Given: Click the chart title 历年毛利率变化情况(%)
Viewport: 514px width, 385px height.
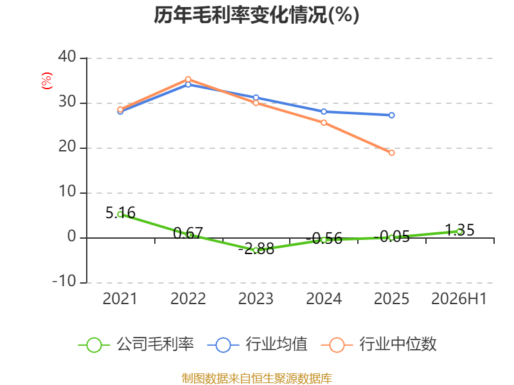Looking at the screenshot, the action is pyautogui.click(x=256, y=15).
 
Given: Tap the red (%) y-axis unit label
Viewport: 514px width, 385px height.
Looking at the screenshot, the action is pyautogui.click(x=47, y=81).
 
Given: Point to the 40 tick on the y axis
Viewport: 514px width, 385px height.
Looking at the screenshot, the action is pyautogui.click(x=67, y=56).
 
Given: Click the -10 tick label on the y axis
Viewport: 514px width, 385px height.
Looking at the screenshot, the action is pyautogui.click(x=64, y=281).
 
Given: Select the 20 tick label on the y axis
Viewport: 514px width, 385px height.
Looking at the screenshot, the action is pyautogui.click(x=67, y=147).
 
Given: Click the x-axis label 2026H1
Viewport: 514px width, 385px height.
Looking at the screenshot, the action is pyautogui.click(x=459, y=298).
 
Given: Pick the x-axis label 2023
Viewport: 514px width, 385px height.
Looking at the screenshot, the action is pyautogui.click(x=256, y=298).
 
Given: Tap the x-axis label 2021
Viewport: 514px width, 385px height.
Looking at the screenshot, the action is pyautogui.click(x=120, y=298).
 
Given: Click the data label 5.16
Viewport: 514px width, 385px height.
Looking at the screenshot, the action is pyautogui.click(x=120, y=213).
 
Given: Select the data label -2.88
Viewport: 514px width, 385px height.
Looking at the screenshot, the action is pyautogui.click(x=256, y=249).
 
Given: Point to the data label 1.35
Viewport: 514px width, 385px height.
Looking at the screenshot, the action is pyautogui.click(x=459, y=230).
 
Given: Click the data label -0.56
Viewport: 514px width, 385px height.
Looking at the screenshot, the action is pyautogui.click(x=324, y=238).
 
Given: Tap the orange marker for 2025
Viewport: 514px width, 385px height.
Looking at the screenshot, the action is pyautogui.click(x=391, y=153).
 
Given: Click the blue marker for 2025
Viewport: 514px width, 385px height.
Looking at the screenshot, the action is pyautogui.click(x=391, y=116).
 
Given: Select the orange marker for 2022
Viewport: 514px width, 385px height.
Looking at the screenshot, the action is pyautogui.click(x=188, y=79).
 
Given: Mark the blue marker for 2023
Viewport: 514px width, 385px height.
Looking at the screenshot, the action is pyautogui.click(x=256, y=98).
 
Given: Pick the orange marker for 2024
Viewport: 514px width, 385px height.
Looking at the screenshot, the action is pyautogui.click(x=324, y=123).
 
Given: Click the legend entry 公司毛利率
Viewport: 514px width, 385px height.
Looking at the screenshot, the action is pyautogui.click(x=136, y=345).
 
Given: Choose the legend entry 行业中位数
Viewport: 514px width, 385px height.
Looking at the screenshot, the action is pyautogui.click(x=378, y=345).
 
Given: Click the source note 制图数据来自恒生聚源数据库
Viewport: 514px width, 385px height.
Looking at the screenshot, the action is pyautogui.click(x=257, y=379).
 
